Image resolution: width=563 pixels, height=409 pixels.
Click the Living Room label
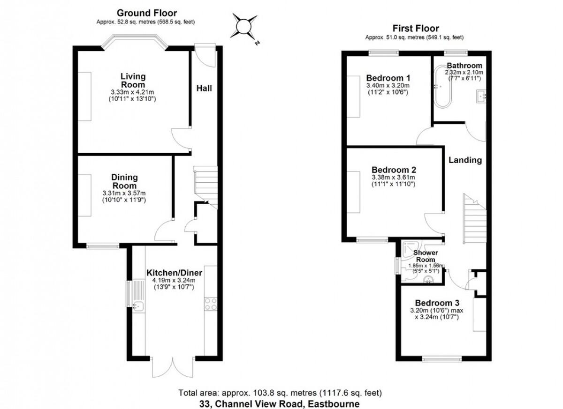(x=133, y=81)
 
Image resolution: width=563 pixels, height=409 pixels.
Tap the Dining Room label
(x=124, y=182)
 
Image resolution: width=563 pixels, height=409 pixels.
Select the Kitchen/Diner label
(x=174, y=273)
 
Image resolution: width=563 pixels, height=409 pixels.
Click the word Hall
(x=204, y=88)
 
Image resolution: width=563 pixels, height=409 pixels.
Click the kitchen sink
(x=138, y=306)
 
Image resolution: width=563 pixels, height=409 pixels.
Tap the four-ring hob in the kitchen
(x=211, y=305)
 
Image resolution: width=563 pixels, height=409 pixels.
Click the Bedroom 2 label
(x=393, y=170)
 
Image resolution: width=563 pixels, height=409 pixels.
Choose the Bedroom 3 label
(x=437, y=303)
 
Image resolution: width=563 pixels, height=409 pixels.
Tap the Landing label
(x=465, y=160)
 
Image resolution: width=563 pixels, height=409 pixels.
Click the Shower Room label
(x=425, y=256)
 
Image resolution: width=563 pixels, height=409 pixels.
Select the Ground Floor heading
(x=146, y=13)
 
